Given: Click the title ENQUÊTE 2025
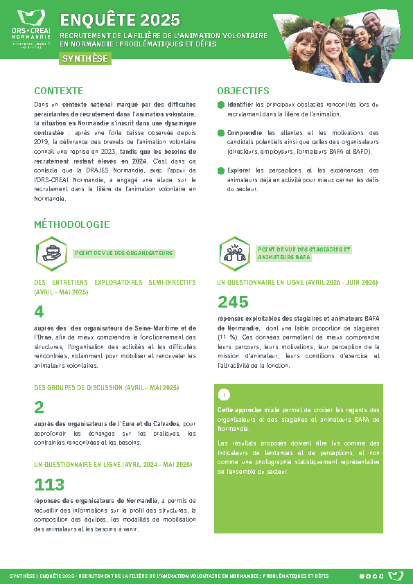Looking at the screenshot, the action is coord(120,20).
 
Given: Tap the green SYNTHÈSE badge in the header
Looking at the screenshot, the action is coord(85,59).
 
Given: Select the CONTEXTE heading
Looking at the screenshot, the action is coord(59,91).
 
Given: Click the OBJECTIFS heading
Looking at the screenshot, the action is coord(243,91).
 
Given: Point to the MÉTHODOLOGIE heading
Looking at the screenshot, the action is coord(72,224).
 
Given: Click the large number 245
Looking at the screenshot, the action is coord(233,301).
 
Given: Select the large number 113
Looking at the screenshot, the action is coord(49,484).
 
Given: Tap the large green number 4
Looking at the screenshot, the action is coord(39,312).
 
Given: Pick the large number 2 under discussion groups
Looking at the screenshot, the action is coord(39,407).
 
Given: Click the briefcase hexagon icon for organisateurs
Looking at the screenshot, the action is coord(51,252).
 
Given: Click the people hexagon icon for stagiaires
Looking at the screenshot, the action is coord(234,252).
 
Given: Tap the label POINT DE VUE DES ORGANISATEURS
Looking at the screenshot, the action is coord(124,254).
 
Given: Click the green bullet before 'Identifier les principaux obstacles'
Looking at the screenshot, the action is coord(221,105).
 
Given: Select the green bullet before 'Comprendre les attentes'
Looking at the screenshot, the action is coord(221,133).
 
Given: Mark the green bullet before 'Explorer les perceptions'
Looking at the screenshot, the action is coord(221,170).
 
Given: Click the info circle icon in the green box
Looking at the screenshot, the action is coord(224,395).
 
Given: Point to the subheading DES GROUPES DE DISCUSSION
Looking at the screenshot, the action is coord(107,387).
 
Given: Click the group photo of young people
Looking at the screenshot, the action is coord(340,43).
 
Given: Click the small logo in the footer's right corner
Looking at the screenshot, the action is coord(395,576).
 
